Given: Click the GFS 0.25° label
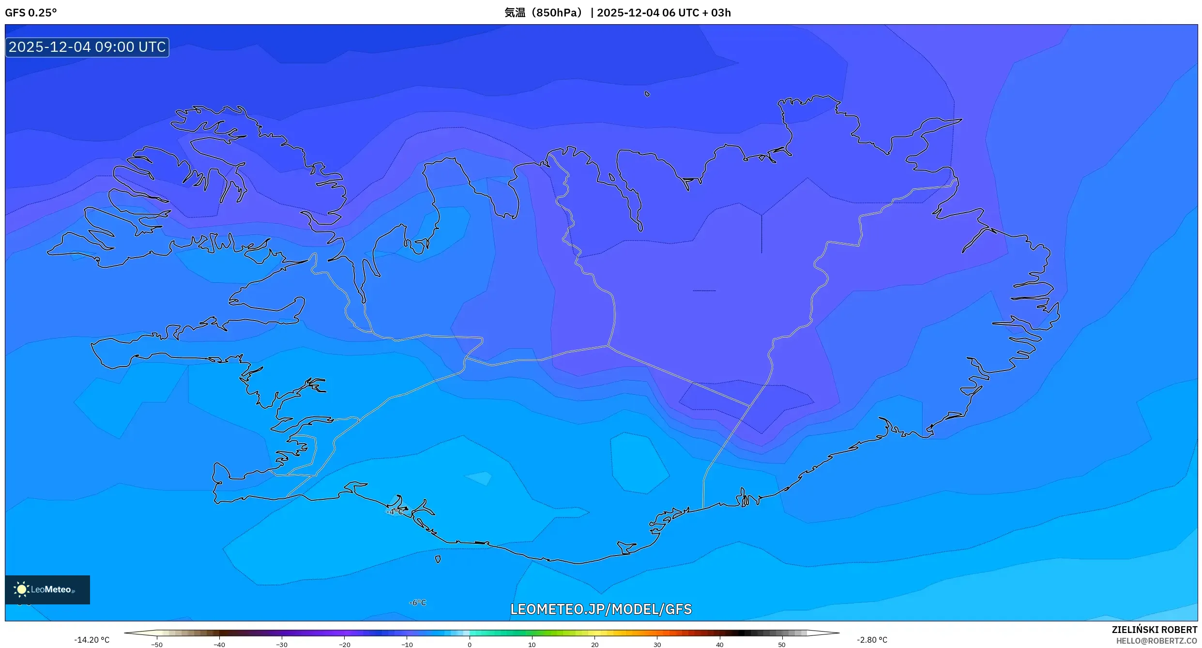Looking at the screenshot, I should point(30,13).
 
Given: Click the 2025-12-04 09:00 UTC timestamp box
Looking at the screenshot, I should point(87,47).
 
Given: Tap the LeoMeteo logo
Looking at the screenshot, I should point(47,589).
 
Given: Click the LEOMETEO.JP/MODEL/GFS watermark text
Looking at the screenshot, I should point(601,609).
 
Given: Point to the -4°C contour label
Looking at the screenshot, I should point(395,511).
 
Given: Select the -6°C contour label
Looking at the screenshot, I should point(417,602).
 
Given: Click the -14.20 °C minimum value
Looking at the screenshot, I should point(91,640).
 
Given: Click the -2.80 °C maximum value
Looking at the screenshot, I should point(872,640).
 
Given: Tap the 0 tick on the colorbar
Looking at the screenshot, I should point(469,645).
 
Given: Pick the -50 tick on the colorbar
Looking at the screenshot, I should point(156,645).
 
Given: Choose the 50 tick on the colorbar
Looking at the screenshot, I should point(781,645).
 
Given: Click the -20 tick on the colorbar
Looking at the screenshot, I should point(344,645).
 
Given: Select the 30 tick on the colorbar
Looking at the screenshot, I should point(657,645).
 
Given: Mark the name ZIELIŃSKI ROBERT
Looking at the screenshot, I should point(1154,630).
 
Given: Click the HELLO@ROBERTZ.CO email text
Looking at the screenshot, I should point(1156,641).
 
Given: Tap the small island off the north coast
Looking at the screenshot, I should point(647,94).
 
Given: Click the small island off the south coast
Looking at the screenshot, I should point(438,559).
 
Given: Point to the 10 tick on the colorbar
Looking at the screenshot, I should point(532,645).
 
